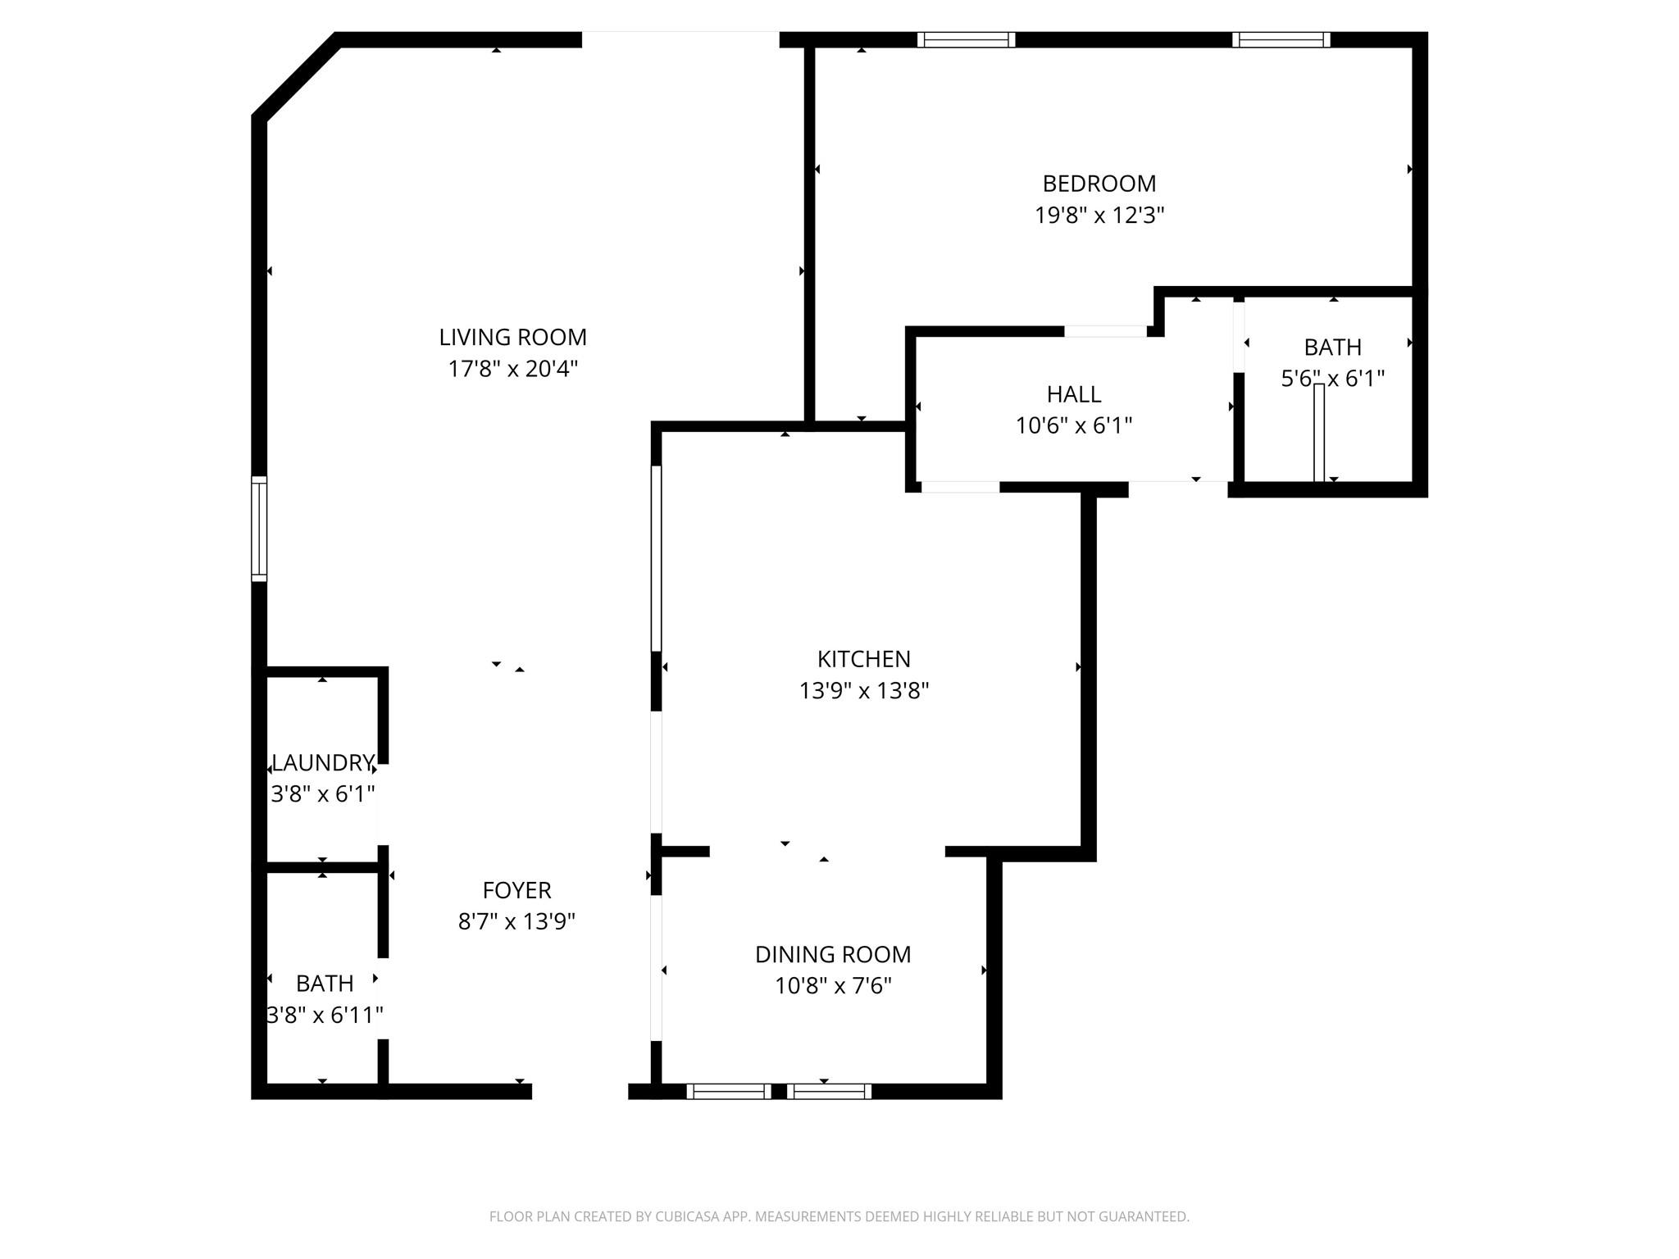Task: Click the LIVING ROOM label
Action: pyautogui.click(x=512, y=337)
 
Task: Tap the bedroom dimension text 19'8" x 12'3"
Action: pyautogui.click(x=1099, y=216)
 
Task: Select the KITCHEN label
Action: pyautogui.click(x=863, y=659)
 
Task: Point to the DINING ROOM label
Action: pyautogui.click(x=832, y=954)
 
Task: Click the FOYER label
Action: pyautogui.click(x=516, y=890)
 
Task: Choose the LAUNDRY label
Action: pyautogui.click(x=322, y=763)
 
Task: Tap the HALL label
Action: pyautogui.click(x=1073, y=394)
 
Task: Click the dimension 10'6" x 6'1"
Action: pyautogui.click(x=1073, y=426)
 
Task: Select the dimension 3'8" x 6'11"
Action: pyautogui.click(x=325, y=1016)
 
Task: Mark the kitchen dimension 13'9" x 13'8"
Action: pyautogui.click(x=863, y=691)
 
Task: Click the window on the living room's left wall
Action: pyautogui.click(x=259, y=529)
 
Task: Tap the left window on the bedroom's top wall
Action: pyautogui.click(x=966, y=39)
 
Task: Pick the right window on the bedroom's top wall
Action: pyautogui.click(x=1281, y=39)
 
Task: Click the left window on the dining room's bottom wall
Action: pyautogui.click(x=728, y=1091)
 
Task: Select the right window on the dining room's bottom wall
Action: pyautogui.click(x=829, y=1091)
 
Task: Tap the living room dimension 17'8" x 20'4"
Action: pyautogui.click(x=512, y=369)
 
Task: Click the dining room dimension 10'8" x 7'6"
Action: pyautogui.click(x=832, y=986)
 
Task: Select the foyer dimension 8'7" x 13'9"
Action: pyautogui.click(x=516, y=922)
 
